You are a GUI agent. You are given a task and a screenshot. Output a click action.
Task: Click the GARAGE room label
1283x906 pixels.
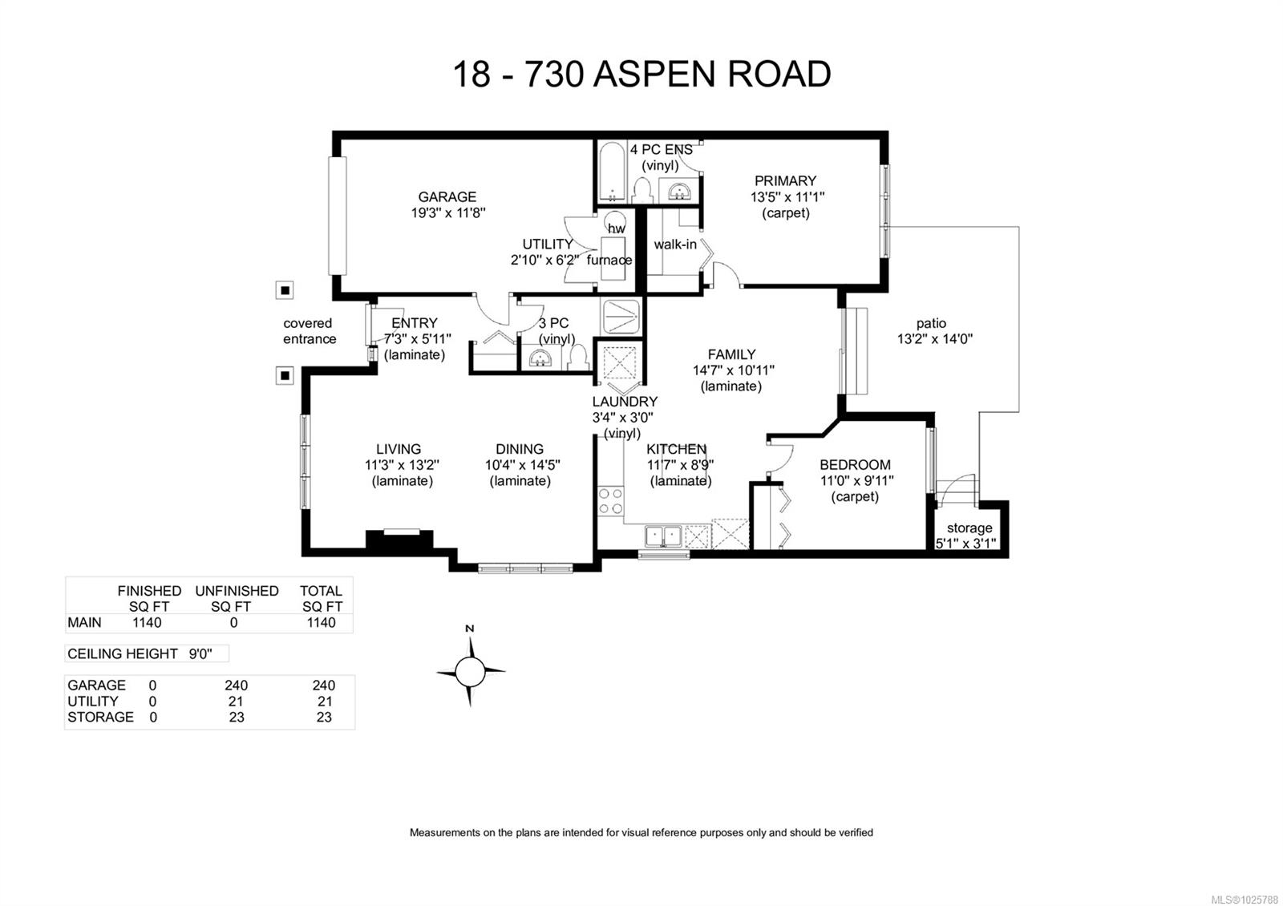coord(447,196)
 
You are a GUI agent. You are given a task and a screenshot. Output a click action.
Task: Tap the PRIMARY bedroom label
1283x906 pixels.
coord(785,181)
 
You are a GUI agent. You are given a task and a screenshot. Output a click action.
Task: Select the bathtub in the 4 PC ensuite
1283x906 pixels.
coord(612,172)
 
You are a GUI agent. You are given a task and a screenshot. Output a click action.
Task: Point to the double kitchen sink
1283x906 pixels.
coord(663,535)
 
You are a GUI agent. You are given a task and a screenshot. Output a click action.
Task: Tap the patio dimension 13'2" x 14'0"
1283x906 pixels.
coord(934,339)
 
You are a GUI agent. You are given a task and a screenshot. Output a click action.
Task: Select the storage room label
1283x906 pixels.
coord(969,528)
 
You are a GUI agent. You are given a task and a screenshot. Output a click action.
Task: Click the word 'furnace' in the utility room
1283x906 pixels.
coord(609,260)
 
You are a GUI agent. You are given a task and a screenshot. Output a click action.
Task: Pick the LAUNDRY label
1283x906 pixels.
coord(625,402)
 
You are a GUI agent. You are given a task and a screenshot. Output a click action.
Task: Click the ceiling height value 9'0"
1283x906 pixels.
coord(200,654)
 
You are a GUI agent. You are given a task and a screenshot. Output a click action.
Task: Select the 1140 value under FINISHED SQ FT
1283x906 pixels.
coord(147,623)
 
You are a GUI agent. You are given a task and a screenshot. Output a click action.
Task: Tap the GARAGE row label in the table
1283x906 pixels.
coord(96,686)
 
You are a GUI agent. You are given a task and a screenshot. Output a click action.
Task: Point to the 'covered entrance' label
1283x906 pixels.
coord(309,331)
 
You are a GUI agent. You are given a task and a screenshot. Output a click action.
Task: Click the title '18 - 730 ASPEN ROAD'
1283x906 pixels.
coord(641,75)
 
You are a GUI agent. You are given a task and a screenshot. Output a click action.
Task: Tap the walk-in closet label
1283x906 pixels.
coord(674,245)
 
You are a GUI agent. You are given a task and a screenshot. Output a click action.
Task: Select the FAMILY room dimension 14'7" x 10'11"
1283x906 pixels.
coord(733,370)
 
